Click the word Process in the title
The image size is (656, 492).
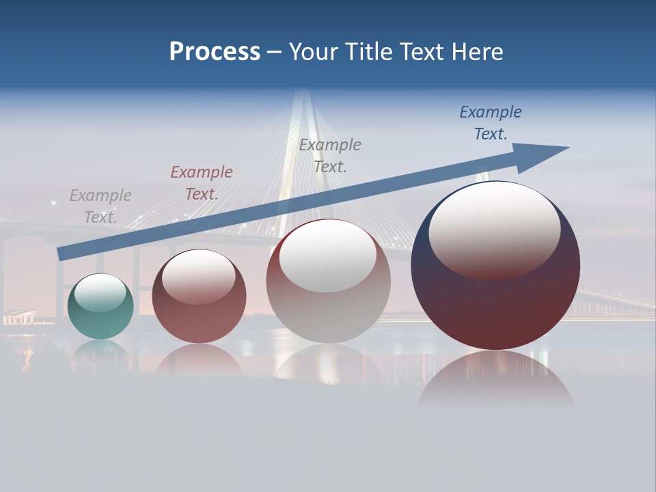point(215,52)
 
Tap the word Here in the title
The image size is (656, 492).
point(478,52)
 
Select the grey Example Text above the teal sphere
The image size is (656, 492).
point(100,206)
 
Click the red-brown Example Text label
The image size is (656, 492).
point(202,183)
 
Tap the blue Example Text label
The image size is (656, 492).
point(491,123)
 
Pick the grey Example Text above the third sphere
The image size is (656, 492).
point(330,155)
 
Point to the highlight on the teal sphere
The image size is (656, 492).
point(100,292)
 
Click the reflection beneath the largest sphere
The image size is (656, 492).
point(495,379)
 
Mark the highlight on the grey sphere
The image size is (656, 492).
point(328,254)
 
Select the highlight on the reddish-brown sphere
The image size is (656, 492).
point(199,275)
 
